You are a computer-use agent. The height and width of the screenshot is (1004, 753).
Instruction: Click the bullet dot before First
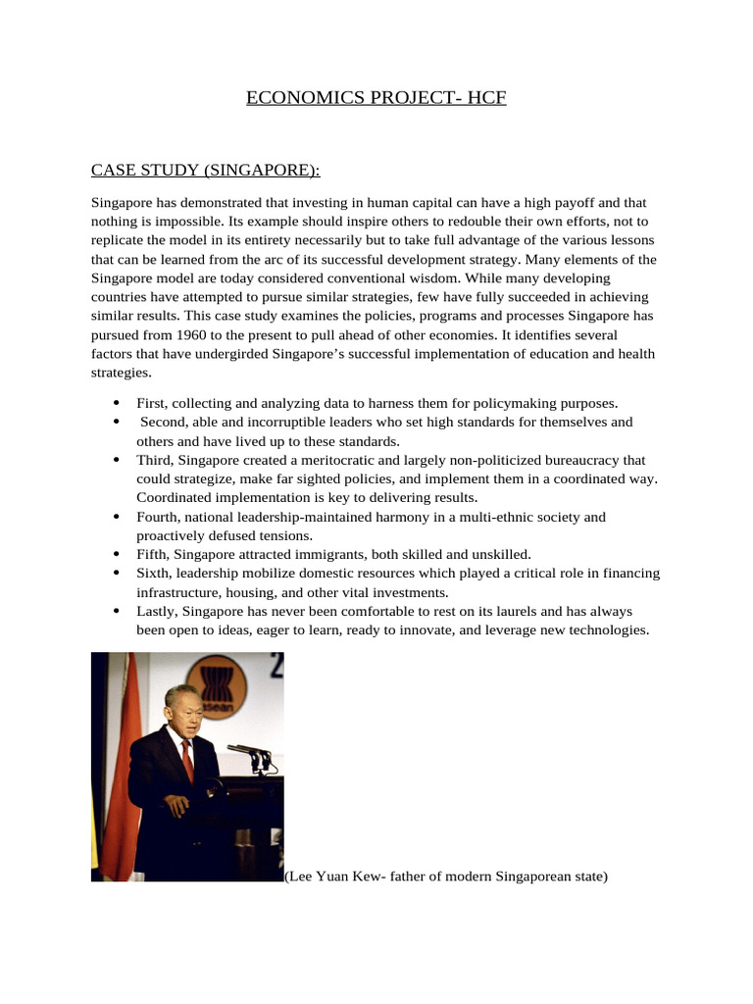point(117,403)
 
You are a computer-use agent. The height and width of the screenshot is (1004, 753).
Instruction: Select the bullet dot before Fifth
point(117,554)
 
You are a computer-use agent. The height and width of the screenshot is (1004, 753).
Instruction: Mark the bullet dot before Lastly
point(117,611)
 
